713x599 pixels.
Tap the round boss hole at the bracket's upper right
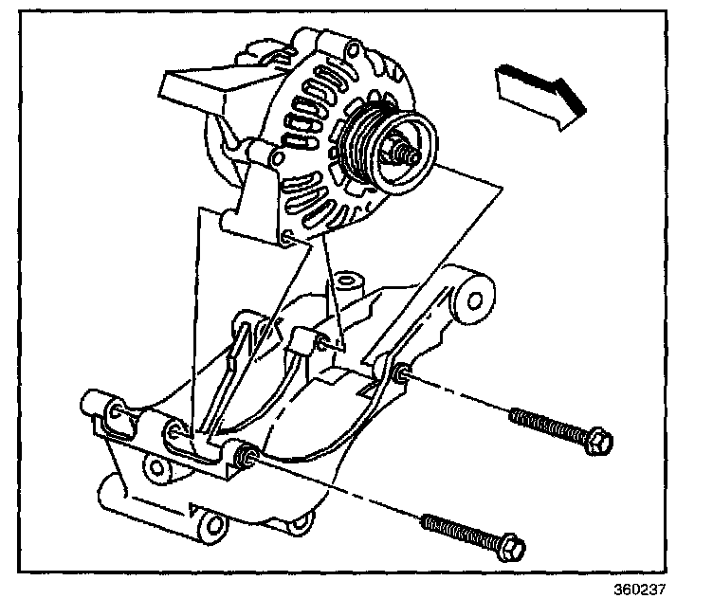pyautogui.click(x=471, y=297)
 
